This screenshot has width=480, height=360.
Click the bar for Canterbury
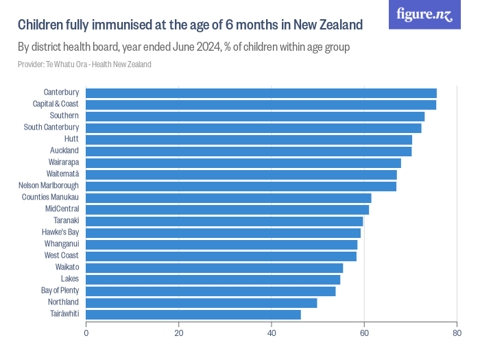click(261, 93)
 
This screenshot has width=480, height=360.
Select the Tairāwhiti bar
click(193, 314)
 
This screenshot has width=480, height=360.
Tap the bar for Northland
click(201, 302)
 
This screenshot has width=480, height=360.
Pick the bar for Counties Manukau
click(228, 197)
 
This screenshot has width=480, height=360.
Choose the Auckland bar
click(248, 151)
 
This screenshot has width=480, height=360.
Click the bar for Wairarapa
click(243, 163)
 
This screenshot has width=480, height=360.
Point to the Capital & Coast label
click(56, 104)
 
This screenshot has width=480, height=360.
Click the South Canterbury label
click(51, 128)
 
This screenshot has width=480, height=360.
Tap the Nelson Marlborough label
click(48, 186)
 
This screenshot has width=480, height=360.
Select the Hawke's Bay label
click(60, 232)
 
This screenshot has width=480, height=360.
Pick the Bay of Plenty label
click(60, 291)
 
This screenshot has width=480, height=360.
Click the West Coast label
click(62, 256)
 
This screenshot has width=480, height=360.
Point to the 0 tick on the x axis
click(86, 334)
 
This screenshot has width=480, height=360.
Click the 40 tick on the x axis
click(272, 334)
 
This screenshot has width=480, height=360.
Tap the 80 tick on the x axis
click(457, 334)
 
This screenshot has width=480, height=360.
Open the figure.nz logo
click(424, 15)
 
